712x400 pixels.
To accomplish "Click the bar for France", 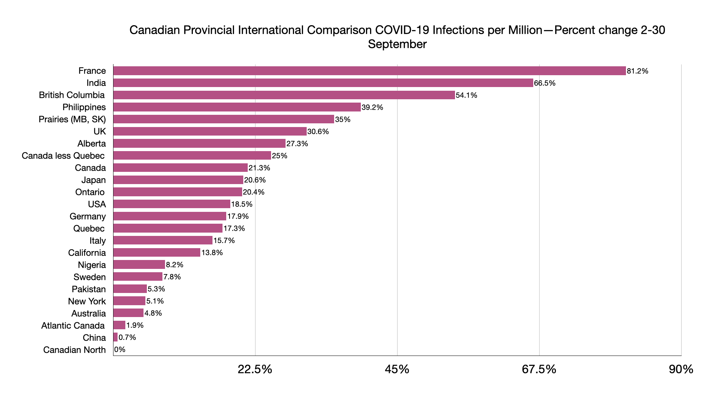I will [369, 71].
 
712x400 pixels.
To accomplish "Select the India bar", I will [323, 83].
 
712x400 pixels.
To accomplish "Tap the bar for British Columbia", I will [284, 95].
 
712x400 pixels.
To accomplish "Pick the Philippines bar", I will [237, 107].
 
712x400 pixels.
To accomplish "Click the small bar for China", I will [115, 337].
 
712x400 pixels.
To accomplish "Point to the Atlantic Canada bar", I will [119, 325].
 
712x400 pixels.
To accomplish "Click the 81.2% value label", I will [637, 71].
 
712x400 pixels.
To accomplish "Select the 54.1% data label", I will [466, 95].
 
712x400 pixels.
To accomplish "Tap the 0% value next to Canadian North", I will [120, 350].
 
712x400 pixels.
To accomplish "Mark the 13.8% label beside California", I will [212, 253].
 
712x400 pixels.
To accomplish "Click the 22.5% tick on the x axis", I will [255, 369].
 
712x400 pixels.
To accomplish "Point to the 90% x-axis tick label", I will [681, 369].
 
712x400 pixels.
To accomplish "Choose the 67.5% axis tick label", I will [539, 369].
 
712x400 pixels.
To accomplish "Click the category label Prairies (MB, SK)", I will [72, 119].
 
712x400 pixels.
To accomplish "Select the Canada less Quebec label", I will [63, 156].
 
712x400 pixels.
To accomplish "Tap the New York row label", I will [87, 301].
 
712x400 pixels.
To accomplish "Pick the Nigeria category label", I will [92, 265].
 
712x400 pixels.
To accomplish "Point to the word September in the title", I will [397, 44].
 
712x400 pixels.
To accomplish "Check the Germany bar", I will [170, 216].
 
